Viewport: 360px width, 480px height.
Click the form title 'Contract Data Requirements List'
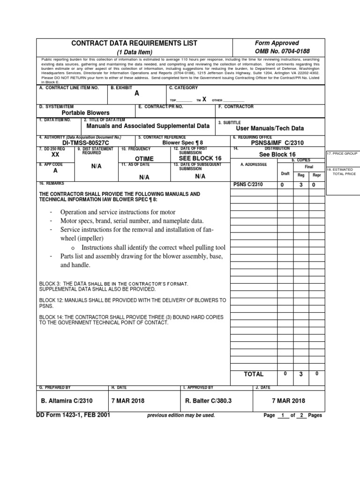[x=134, y=43]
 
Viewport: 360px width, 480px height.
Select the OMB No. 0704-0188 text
[x=282, y=51]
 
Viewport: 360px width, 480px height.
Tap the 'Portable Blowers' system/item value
[x=86, y=112]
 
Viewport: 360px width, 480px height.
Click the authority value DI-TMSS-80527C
[x=85, y=143]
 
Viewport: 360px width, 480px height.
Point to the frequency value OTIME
[x=144, y=159]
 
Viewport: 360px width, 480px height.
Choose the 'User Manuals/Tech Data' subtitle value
[x=270, y=128]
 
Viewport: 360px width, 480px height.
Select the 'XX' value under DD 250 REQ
[x=55, y=155]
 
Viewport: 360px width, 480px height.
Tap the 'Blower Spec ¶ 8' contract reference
[x=183, y=143]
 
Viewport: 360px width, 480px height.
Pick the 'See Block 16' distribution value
[x=277, y=154]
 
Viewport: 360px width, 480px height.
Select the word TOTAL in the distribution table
[x=254, y=374]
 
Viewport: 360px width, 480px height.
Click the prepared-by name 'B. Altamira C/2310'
[x=67, y=401]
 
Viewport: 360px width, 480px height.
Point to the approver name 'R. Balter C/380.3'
[x=209, y=401]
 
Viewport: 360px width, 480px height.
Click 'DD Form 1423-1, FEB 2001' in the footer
[x=73, y=415]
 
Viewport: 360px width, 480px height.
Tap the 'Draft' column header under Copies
[x=285, y=173]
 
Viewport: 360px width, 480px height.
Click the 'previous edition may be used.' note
[x=181, y=415]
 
